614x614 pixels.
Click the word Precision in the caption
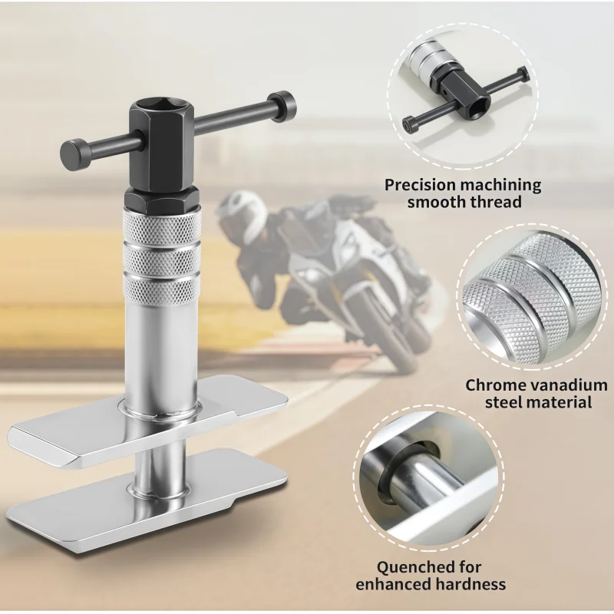click(x=421, y=185)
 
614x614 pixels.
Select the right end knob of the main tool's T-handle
click(x=282, y=106)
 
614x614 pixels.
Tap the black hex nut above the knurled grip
click(x=162, y=200)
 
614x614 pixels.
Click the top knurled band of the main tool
click(x=162, y=229)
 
